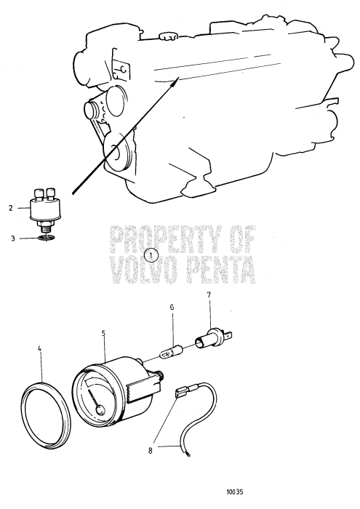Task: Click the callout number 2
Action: point(11,208)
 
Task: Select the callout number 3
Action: point(13,239)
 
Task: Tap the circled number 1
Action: point(151,256)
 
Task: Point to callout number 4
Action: point(39,348)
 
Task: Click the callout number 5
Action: point(103,333)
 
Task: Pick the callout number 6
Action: point(172,307)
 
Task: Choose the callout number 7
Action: point(209,294)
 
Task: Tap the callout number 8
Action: point(151,451)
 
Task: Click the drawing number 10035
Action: point(235,492)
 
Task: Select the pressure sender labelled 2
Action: point(43,208)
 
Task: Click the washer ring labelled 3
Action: point(46,239)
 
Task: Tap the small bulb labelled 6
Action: point(172,353)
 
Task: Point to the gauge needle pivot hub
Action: point(100,410)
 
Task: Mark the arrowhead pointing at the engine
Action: point(175,81)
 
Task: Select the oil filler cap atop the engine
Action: point(169,36)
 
